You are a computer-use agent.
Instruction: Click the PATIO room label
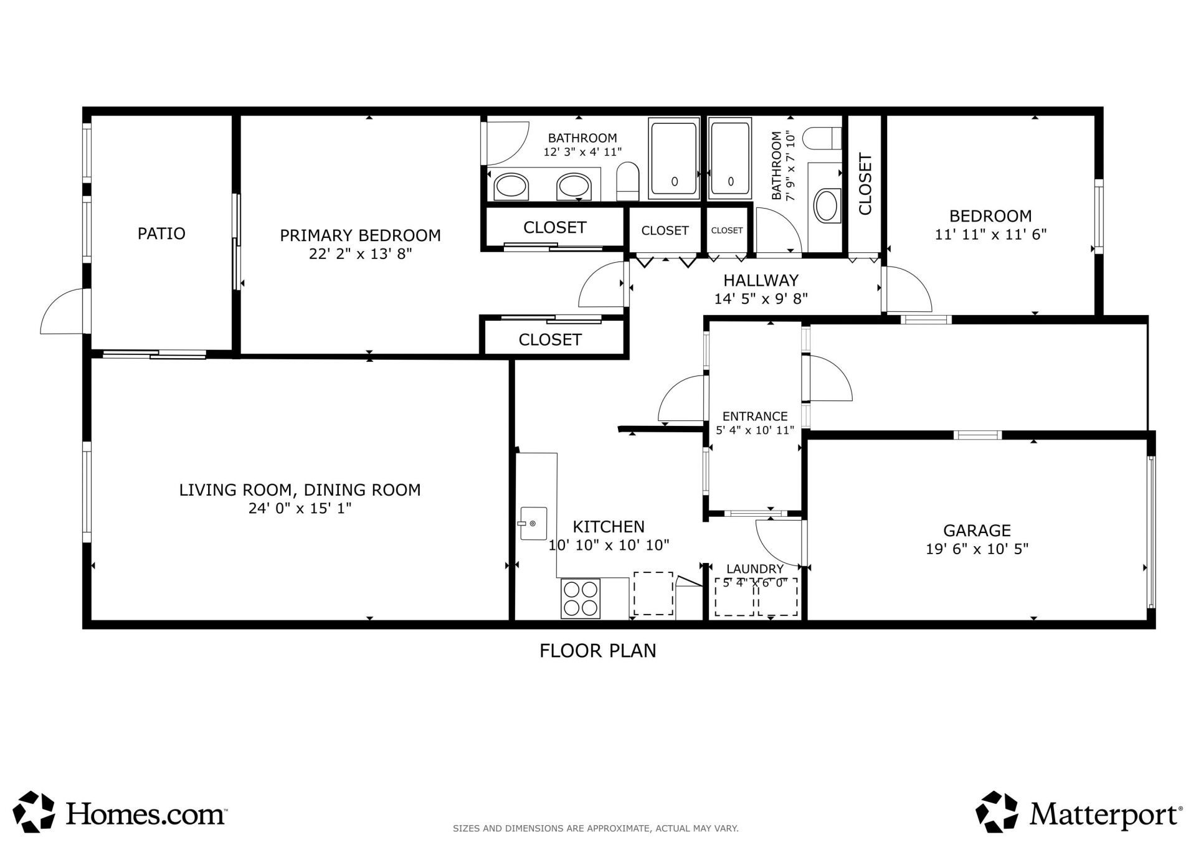(x=161, y=234)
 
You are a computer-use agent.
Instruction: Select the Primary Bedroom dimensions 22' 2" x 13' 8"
(x=360, y=254)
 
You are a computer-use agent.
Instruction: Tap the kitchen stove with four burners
(x=581, y=598)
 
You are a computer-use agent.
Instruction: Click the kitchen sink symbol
(x=534, y=523)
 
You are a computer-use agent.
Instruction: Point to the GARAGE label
(x=977, y=531)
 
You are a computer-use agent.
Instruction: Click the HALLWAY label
(x=761, y=280)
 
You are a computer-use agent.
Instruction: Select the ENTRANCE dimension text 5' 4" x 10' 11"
(x=755, y=430)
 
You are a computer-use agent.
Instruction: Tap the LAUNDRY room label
(x=755, y=569)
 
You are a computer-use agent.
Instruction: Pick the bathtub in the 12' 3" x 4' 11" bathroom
(x=673, y=159)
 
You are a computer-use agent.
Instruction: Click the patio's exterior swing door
(x=61, y=311)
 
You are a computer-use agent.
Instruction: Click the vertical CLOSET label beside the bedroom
(x=865, y=184)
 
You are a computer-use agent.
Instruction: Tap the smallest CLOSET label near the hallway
(x=726, y=230)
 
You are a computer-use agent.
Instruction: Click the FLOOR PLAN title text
(x=597, y=651)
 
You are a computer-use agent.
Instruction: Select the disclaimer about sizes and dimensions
(x=596, y=828)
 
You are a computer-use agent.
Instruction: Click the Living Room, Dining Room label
(x=300, y=490)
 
